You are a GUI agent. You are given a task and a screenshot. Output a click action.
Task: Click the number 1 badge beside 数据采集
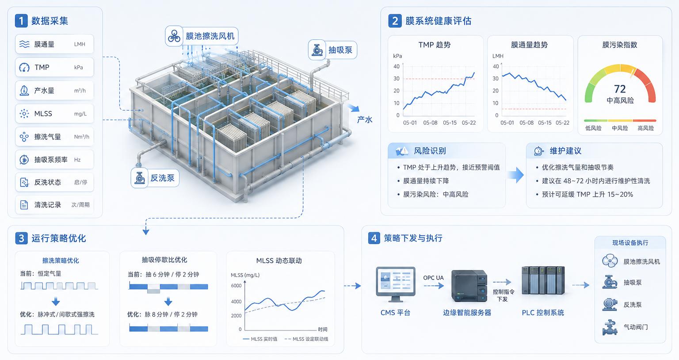coord(21,21)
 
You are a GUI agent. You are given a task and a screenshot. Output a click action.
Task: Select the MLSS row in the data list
coord(54,114)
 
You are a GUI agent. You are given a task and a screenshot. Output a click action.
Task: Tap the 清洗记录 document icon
coord(24,205)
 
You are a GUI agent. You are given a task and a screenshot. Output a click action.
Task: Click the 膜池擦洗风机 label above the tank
coord(210,36)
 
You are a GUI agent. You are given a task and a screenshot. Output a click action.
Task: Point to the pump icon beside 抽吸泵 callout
coord(317,50)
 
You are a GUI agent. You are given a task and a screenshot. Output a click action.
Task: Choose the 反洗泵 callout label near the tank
coord(163,178)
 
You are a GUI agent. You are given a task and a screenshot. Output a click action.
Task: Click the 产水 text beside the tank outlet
coord(364,119)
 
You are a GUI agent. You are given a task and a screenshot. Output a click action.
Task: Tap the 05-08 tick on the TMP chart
coord(430,123)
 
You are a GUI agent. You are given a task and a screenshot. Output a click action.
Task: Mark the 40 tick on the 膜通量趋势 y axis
coord(496,66)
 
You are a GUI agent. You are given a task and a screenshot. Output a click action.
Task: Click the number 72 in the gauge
coord(620,89)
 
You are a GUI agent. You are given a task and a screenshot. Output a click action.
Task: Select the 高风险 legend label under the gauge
coord(646,128)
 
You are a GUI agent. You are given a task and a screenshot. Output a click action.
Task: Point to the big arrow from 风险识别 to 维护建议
coord(515,175)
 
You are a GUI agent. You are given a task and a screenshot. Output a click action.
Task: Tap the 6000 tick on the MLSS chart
coord(236,286)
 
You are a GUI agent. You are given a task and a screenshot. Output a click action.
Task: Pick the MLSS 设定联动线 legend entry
coord(306,339)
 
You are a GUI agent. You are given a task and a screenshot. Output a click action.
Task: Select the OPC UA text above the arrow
coord(434,278)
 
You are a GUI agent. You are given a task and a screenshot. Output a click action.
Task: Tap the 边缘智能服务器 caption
coord(467,313)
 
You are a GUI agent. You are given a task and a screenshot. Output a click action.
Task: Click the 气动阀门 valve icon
coord(610,327)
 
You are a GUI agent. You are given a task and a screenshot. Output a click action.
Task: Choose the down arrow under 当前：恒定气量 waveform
coord(56,302)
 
